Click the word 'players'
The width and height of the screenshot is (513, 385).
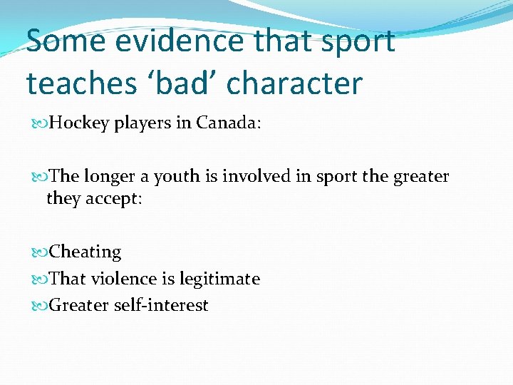(x=143, y=124)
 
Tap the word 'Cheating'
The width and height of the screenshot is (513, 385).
(x=85, y=252)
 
